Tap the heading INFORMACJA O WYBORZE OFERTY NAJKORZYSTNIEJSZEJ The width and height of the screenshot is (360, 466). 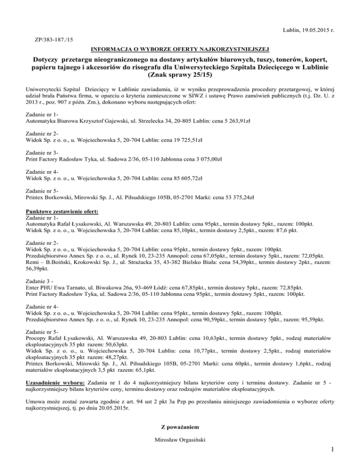[180, 48]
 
